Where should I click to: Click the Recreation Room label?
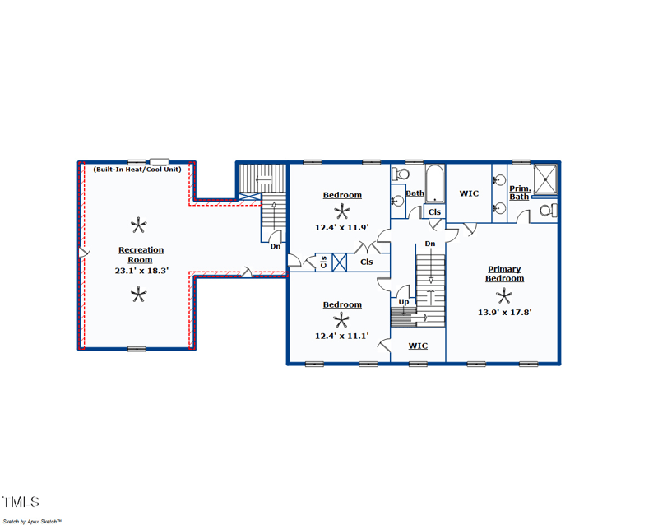pyautogui.click(x=141, y=254)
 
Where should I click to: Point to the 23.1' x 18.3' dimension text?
pyautogui.click(x=141, y=270)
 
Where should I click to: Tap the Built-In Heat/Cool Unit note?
pyautogui.click(x=137, y=170)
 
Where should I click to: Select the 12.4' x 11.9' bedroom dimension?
pyautogui.click(x=341, y=227)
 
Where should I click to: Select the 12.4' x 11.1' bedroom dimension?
pyautogui.click(x=341, y=336)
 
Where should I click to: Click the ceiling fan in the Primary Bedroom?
pyautogui.click(x=504, y=295)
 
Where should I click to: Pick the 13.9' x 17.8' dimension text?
pyautogui.click(x=504, y=312)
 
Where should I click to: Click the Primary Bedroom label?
pyautogui.click(x=504, y=274)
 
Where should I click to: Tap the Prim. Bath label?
pyautogui.click(x=519, y=193)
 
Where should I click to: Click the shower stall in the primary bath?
pyautogui.click(x=545, y=180)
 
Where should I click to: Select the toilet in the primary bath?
pyautogui.click(x=547, y=211)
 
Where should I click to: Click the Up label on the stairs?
pyautogui.click(x=404, y=302)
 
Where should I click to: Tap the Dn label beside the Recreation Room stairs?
pyautogui.click(x=276, y=246)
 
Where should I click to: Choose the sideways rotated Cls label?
pyautogui.click(x=324, y=262)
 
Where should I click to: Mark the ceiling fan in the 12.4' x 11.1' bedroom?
pyautogui.click(x=341, y=320)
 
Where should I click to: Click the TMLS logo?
pyautogui.click(x=21, y=501)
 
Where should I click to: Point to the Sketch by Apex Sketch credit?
pyautogui.click(x=32, y=520)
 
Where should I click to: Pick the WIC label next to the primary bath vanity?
pyautogui.click(x=469, y=194)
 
